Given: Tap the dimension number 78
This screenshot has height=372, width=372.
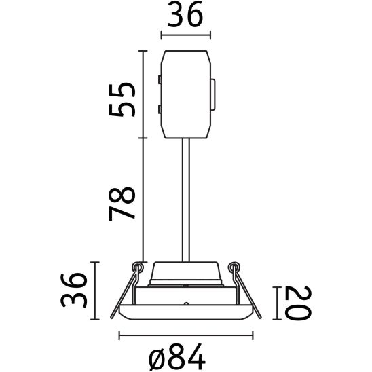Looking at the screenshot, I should coord(123,202).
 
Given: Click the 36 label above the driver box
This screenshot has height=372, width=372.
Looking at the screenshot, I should coord(185,16).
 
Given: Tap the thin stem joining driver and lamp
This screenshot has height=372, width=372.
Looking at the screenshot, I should coord(185,197).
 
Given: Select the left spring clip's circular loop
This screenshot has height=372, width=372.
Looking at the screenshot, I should coord(138,267).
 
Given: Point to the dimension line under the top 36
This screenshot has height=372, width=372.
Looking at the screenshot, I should coord(185,34).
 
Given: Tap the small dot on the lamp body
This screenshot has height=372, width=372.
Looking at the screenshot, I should coord(185,300).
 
